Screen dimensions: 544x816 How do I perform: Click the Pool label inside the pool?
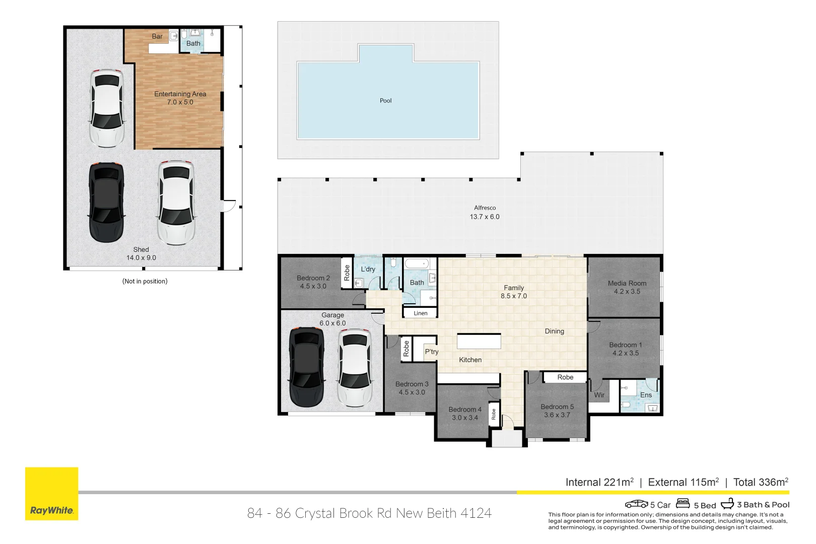[385, 101]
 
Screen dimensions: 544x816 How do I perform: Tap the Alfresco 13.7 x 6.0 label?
[485, 213]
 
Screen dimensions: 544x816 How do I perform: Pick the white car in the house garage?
[355, 368]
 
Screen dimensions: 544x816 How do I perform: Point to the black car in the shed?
[106, 202]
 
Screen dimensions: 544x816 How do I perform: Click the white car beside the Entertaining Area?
[107, 108]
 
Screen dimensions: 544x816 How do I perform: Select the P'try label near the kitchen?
[431, 352]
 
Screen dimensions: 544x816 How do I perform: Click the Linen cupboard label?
[420, 313]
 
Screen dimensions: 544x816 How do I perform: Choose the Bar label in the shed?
[157, 36]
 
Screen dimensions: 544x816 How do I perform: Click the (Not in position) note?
[145, 282]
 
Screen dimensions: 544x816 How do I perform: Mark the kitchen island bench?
[479, 341]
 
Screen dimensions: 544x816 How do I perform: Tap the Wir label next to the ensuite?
[599, 395]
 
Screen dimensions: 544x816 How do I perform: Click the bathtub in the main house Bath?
[417, 264]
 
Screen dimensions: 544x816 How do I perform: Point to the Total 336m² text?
[761, 482]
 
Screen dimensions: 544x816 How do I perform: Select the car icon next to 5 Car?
[636, 504]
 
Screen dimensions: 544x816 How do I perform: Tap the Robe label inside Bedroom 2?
[347, 273]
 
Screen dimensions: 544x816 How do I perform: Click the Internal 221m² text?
[599, 482]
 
